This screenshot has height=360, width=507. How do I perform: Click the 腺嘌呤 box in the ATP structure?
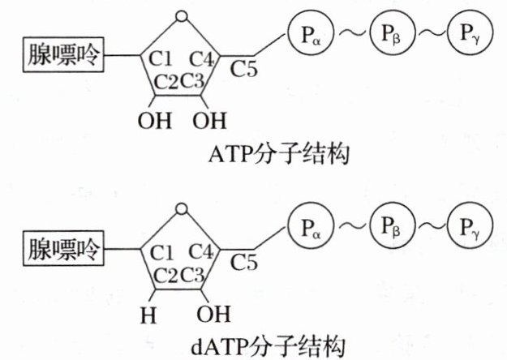pyautogui.click(x=64, y=56)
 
